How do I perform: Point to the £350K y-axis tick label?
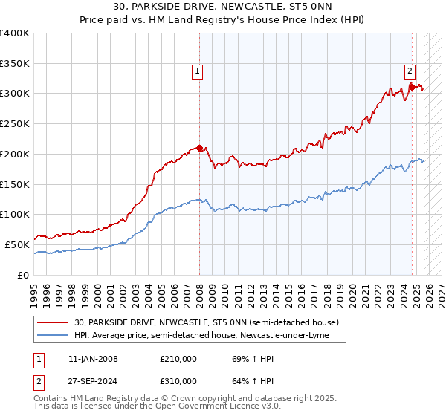[x=15, y=64]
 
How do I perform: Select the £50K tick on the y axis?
[x=18, y=244]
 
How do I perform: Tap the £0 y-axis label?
[x=23, y=275]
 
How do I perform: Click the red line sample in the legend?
[x=52, y=322]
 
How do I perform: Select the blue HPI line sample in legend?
[x=52, y=336]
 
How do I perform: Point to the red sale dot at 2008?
[x=199, y=148]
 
